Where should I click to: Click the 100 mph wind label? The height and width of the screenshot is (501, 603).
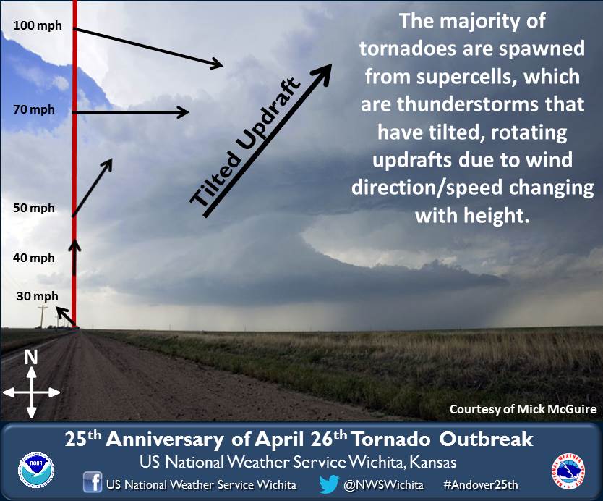pyautogui.click(x=38, y=25)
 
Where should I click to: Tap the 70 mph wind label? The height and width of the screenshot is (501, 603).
pyautogui.click(x=34, y=109)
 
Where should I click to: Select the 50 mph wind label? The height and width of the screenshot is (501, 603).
pyautogui.click(x=34, y=208)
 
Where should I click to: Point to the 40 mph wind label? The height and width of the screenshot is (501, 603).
pyautogui.click(x=34, y=258)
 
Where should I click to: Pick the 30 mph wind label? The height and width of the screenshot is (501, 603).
pyautogui.click(x=38, y=296)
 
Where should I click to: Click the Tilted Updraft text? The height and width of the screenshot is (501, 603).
pyautogui.click(x=245, y=143)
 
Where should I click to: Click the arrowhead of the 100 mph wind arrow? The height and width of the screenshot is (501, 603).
pyautogui.click(x=216, y=63)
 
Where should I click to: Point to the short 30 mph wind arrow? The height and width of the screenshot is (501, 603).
pyautogui.click(x=66, y=316)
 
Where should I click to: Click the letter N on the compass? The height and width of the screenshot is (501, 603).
pyautogui.click(x=31, y=358)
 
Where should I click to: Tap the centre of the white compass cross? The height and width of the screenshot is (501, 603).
pyautogui.click(x=32, y=393)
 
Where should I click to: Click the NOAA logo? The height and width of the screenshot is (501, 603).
pyautogui.click(x=36, y=470)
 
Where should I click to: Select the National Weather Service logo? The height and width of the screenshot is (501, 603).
pyautogui.click(x=568, y=471)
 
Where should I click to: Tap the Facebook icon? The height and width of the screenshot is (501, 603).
pyautogui.click(x=93, y=481)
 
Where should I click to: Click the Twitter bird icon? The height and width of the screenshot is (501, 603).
pyautogui.click(x=329, y=484)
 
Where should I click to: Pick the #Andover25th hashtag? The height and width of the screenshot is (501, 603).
pyautogui.click(x=481, y=484)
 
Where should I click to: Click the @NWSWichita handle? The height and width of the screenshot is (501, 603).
pyautogui.click(x=383, y=484)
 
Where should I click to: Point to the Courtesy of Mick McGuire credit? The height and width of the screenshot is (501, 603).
pyautogui.click(x=523, y=409)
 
